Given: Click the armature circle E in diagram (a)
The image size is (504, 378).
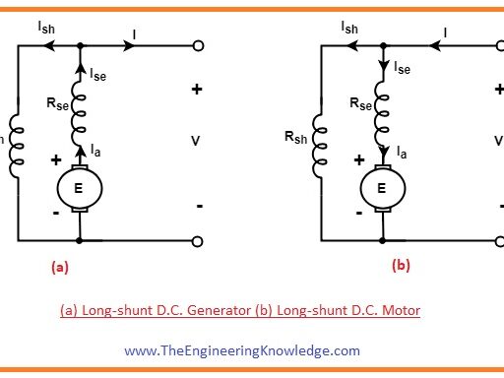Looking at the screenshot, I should coord(78,186).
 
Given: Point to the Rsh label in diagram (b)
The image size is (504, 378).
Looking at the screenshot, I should coord(295,139).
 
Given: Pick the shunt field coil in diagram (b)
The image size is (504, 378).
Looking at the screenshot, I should coord(317,144).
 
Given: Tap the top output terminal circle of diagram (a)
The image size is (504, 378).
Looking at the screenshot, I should coord(197,45).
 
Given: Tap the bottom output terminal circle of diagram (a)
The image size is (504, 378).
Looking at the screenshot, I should coord(197,241).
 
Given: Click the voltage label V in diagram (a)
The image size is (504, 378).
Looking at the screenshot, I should coord(195,141).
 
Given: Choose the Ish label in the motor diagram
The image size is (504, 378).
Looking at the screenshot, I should coord(348,29).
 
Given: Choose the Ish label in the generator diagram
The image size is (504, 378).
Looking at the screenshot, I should coord(46,29).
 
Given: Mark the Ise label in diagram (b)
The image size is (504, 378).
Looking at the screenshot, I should coord(402,69).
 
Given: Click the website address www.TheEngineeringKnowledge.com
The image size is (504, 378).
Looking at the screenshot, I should coord(242,349).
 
